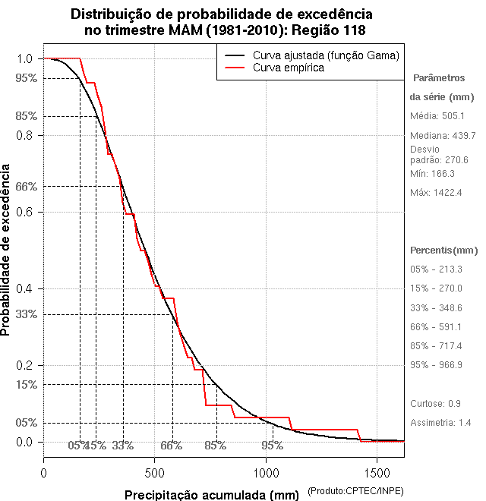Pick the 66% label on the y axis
(x=27, y=186)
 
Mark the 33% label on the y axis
(x=27, y=314)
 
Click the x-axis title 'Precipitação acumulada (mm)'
(x=213, y=495)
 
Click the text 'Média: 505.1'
(x=437, y=116)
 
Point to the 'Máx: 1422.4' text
(x=436, y=193)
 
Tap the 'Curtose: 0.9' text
(x=435, y=403)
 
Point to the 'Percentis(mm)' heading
(x=444, y=250)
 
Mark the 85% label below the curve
(x=216, y=446)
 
